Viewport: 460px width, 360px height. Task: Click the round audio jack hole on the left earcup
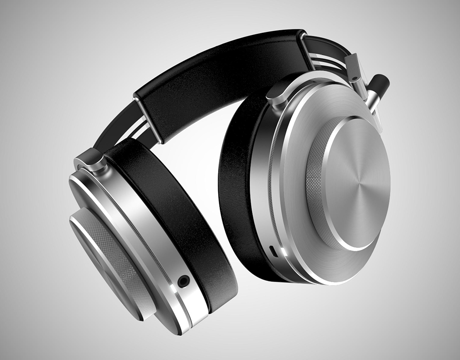pyautogui.click(x=183, y=280)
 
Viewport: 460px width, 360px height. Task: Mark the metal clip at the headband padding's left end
pyautogui.click(x=147, y=118)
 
